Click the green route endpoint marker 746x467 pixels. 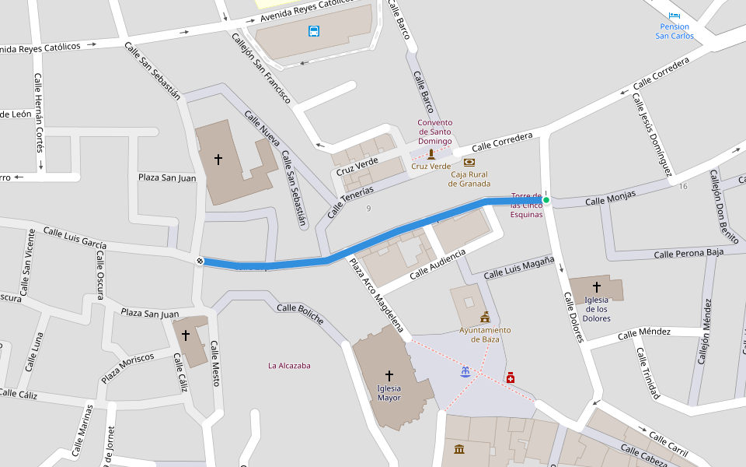546,201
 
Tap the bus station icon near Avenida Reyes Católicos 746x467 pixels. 313,31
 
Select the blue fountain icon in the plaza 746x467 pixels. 465,372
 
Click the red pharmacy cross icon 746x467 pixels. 510,377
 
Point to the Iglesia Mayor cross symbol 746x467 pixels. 389,376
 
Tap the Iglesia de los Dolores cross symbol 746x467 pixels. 597,287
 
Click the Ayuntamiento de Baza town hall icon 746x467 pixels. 485,317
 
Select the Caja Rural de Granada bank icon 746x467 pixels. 469,162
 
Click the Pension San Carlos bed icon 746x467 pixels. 674,15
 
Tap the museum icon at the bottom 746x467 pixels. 459,449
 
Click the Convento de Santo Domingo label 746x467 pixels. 434,132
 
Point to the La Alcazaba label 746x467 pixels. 289,365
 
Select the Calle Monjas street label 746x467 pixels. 610,198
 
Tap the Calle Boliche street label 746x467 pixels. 300,314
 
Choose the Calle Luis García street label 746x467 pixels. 75,237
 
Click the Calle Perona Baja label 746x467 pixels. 688,253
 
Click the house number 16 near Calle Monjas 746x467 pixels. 682,186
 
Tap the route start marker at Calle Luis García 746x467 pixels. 200,261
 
